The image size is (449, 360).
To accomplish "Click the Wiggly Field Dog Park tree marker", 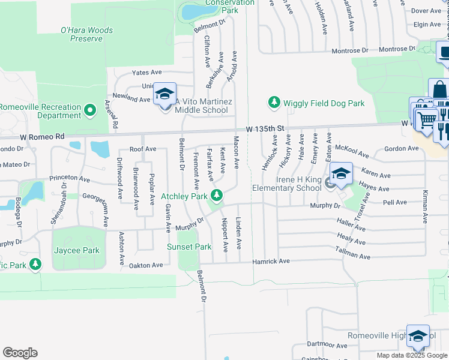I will click(x=274, y=103).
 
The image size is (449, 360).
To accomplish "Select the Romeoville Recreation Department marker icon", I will click(x=89, y=110).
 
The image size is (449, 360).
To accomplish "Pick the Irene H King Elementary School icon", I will click(x=341, y=174).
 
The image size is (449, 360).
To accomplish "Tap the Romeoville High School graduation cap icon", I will click(x=418, y=336).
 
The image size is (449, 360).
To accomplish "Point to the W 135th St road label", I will click(x=264, y=129).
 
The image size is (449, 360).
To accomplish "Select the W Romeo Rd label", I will click(x=41, y=137).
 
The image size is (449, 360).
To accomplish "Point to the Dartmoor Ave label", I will click(x=327, y=346).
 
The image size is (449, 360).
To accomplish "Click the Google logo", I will click(x=20, y=353).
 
